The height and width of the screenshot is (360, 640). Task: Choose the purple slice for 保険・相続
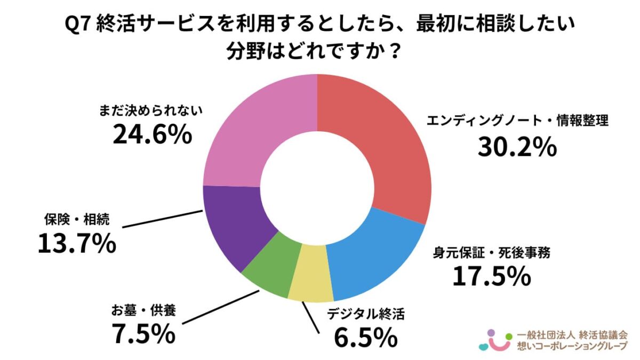click(235, 224)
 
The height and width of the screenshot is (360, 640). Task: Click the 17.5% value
click(491, 276)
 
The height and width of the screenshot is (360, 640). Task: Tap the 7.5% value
click(143, 334)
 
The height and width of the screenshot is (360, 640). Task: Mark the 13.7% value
click(77, 244)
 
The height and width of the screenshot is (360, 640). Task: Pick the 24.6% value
click(152, 135)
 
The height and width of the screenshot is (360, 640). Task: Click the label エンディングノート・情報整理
click(517, 121)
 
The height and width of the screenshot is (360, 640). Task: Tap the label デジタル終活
click(366, 314)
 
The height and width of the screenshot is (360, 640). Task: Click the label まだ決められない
click(153, 111)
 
